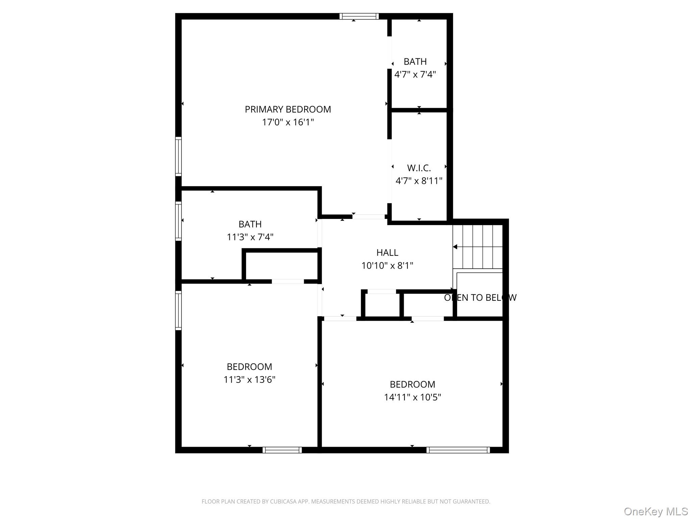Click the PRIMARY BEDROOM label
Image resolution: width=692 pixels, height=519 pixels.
click(288, 109)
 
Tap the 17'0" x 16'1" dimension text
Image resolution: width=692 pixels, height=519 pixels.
click(288, 122)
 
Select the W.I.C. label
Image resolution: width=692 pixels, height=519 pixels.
click(419, 168)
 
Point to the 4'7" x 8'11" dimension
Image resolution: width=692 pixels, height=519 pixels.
click(419, 181)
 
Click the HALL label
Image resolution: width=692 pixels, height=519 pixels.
click(387, 252)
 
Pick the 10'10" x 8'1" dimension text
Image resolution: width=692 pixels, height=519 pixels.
click(387, 266)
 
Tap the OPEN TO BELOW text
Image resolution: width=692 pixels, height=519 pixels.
click(480, 297)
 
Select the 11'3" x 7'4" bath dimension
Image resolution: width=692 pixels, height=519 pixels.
click(250, 237)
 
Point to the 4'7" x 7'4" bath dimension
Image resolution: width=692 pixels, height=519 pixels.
click(415, 74)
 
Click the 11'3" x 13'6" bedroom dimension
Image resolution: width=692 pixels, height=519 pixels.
click(249, 379)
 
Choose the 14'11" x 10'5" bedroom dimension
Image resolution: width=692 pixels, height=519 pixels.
click(413, 397)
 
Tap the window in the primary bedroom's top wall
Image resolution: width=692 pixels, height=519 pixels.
click(359, 16)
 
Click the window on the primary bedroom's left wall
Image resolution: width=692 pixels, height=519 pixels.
click(178, 156)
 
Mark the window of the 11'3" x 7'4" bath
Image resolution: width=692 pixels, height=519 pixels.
click(178, 221)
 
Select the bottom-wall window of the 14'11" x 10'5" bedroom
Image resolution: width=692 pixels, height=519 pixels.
click(458, 450)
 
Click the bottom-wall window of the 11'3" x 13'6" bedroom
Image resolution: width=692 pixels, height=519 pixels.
click(282, 450)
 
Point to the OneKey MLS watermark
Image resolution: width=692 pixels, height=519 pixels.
click(656, 511)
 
